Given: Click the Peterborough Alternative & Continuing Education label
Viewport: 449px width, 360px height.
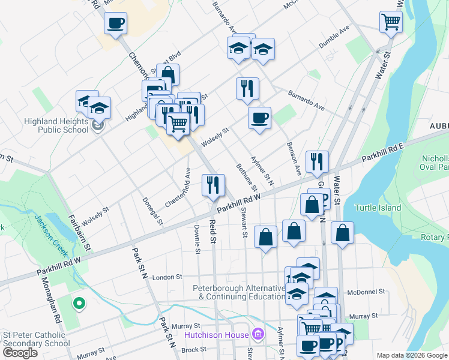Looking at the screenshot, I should pos(239,292).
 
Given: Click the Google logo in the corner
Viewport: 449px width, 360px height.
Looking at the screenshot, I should pos(20,352).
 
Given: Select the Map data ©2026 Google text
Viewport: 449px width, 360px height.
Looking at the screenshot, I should pos(411,355).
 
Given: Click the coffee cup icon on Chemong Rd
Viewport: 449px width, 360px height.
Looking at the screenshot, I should pos(115,24).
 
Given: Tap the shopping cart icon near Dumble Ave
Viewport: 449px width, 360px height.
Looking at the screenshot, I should pos(391,22).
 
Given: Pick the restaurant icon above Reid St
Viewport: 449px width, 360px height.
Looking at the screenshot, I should pos(212,185).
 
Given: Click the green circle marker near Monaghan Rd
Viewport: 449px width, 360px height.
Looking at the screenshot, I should pos(79,303).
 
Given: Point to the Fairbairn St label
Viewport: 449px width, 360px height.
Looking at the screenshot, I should pos(80,233).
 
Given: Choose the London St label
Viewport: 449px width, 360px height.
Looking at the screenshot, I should pos(167,277).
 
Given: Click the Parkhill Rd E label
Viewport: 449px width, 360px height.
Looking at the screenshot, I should pos(384,154).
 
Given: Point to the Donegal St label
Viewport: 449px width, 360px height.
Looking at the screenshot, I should pos(152,211).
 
